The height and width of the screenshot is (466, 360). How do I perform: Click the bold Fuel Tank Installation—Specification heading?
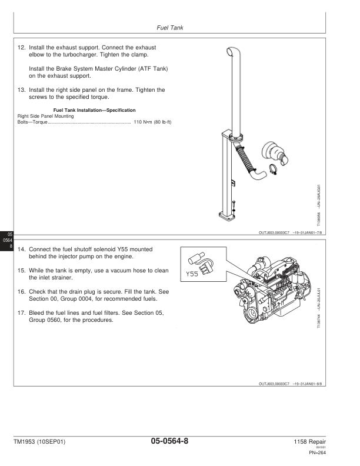tap(94, 110)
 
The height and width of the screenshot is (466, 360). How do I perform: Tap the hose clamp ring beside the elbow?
tap(274, 171)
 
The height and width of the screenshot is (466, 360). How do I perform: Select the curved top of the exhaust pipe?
tap(235, 56)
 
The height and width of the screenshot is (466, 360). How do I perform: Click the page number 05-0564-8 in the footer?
tap(169, 441)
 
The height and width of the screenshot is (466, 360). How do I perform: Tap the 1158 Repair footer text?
tap(311, 441)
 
